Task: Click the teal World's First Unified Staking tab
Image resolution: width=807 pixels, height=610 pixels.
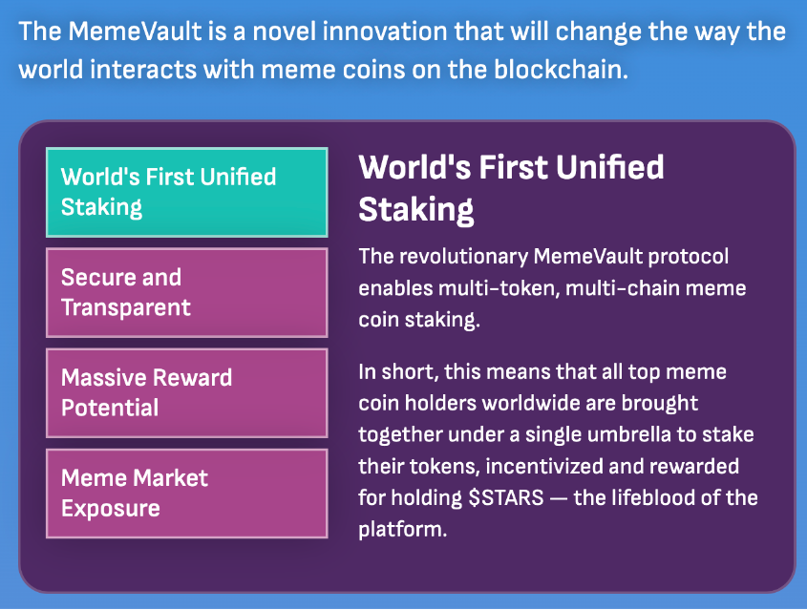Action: (x=187, y=193)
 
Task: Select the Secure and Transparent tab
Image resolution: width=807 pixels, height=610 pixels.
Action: (x=187, y=293)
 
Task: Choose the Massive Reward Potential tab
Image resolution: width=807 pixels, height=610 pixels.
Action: (x=187, y=393)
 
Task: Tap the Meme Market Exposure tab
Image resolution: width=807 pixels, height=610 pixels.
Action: (x=187, y=494)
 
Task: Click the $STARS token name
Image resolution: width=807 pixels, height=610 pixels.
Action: (x=506, y=498)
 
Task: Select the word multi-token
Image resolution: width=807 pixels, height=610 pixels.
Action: (x=499, y=288)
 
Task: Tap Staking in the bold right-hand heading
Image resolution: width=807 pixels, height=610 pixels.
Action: (x=415, y=210)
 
